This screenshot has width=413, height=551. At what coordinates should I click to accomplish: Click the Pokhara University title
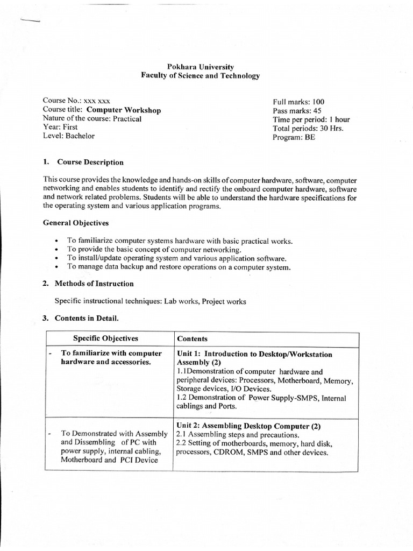(200, 67)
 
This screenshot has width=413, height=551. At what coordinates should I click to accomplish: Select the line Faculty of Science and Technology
(200, 76)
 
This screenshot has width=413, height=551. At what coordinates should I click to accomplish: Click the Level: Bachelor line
(68, 136)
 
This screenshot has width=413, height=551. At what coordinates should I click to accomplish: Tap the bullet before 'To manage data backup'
(57, 267)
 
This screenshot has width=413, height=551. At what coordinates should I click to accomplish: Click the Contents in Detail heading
(88, 319)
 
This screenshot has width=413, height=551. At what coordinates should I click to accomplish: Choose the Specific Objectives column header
(105, 338)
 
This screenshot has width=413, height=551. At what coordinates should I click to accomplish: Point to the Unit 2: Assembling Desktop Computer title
(248, 426)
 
